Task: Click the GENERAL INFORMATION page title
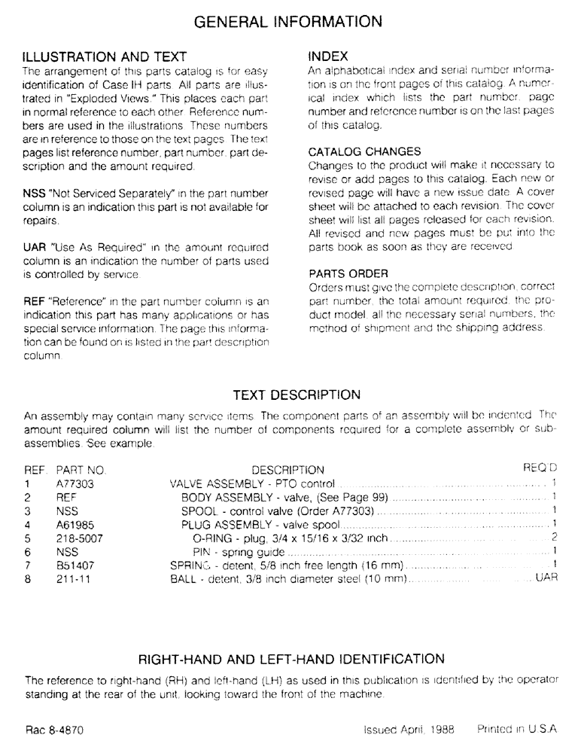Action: click(x=290, y=20)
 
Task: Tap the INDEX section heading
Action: click(x=328, y=56)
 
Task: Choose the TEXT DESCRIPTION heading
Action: click(x=297, y=395)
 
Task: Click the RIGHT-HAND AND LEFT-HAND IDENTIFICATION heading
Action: click(x=291, y=659)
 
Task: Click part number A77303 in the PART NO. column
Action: click(x=75, y=484)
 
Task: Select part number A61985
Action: click(x=75, y=525)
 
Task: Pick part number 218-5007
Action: click(x=79, y=538)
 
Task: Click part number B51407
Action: click(x=75, y=566)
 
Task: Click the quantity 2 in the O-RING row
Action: click(x=553, y=538)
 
